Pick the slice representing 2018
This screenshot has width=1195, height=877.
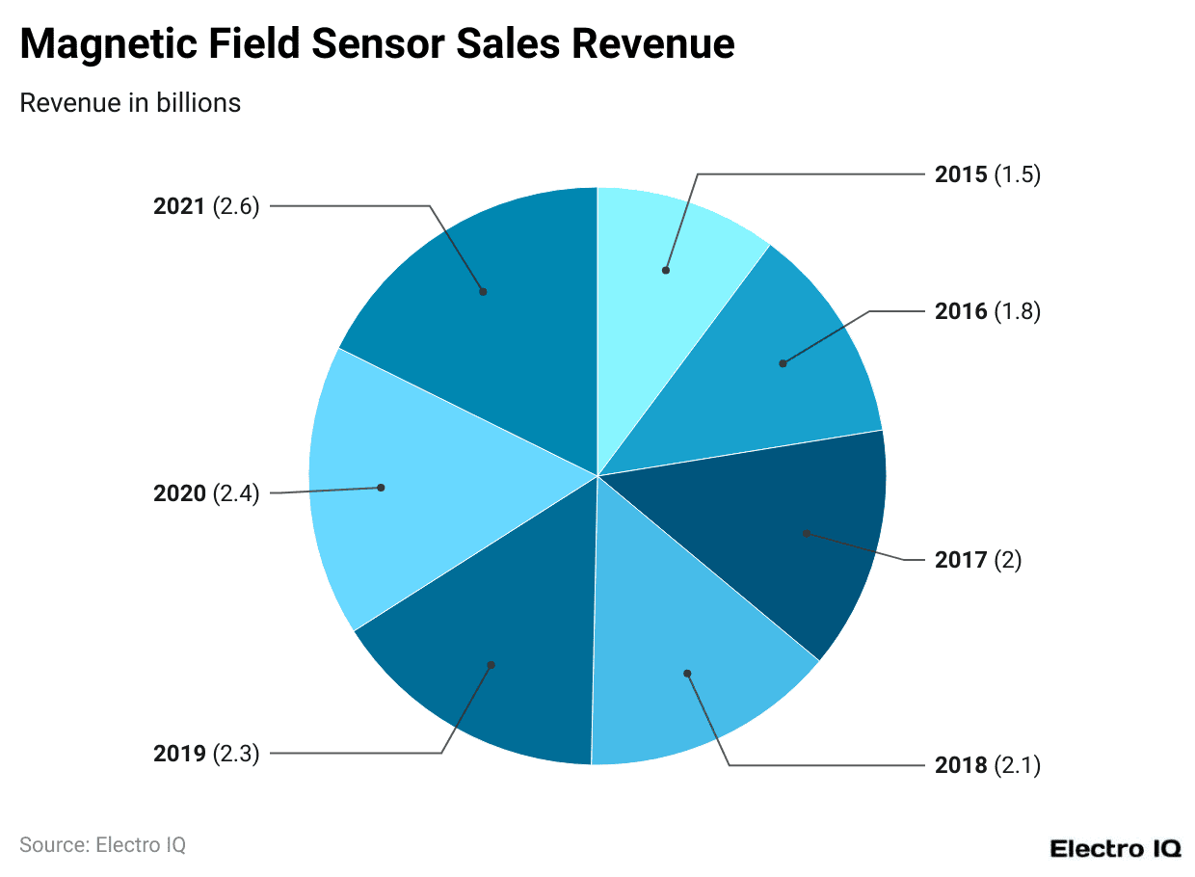684,665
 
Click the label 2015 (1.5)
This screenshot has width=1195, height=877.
987,174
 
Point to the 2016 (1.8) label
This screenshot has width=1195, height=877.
987,311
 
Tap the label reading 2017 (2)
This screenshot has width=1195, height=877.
977,560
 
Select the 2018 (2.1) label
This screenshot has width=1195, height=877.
987,765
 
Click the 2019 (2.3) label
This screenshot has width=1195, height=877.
206,754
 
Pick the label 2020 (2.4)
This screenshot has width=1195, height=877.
206,494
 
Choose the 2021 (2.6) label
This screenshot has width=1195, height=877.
206,206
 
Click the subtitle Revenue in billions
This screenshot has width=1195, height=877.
130,103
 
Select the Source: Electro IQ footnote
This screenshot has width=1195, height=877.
102,845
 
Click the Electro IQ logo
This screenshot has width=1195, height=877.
1114,848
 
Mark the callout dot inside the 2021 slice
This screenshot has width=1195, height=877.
483,291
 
